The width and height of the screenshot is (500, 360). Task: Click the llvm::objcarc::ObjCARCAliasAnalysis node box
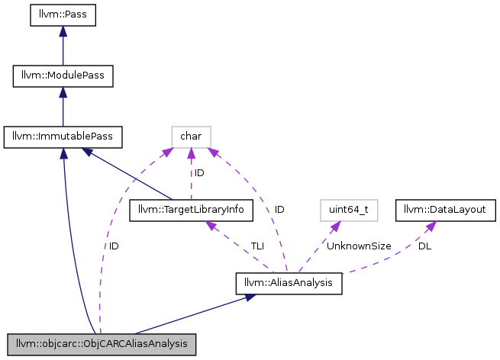click(101, 344)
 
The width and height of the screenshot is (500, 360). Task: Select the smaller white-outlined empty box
click(191, 137)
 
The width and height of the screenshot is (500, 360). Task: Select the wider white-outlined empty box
click(349, 211)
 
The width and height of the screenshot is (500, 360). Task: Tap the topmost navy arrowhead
click(63, 31)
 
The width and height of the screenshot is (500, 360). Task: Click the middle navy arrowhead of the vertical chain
click(63, 92)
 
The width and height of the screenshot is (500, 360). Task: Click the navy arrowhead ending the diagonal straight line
click(88, 153)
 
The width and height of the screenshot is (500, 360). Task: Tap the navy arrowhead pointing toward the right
click(251, 297)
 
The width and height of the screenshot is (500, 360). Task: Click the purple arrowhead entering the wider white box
click(336, 227)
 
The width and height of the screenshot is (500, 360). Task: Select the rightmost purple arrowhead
click(431, 226)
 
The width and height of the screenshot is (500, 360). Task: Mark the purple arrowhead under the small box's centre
click(191, 153)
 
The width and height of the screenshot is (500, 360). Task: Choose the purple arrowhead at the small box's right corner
click(213, 153)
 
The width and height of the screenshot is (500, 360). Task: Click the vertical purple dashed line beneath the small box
click(191, 179)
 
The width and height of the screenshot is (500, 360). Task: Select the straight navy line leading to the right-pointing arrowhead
click(176, 317)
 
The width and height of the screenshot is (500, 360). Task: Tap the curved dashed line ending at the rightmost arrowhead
click(389, 259)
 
